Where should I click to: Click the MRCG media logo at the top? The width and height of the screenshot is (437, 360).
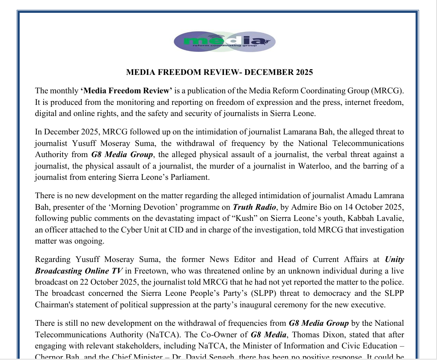(224, 42)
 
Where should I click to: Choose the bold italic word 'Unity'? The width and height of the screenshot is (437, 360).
(394, 259)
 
